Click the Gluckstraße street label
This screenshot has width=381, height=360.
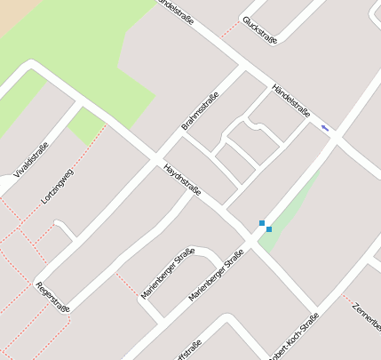[x=260, y=29]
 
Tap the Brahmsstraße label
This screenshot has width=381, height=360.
[x=200, y=111]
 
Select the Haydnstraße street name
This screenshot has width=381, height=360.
[x=182, y=179]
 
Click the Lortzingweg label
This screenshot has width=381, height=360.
[x=58, y=186]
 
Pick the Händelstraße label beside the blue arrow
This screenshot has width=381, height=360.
[x=290, y=100]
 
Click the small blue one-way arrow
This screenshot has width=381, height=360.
[x=325, y=129]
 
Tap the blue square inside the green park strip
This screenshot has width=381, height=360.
[x=269, y=229]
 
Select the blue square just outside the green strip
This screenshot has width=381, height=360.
[x=261, y=222]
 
